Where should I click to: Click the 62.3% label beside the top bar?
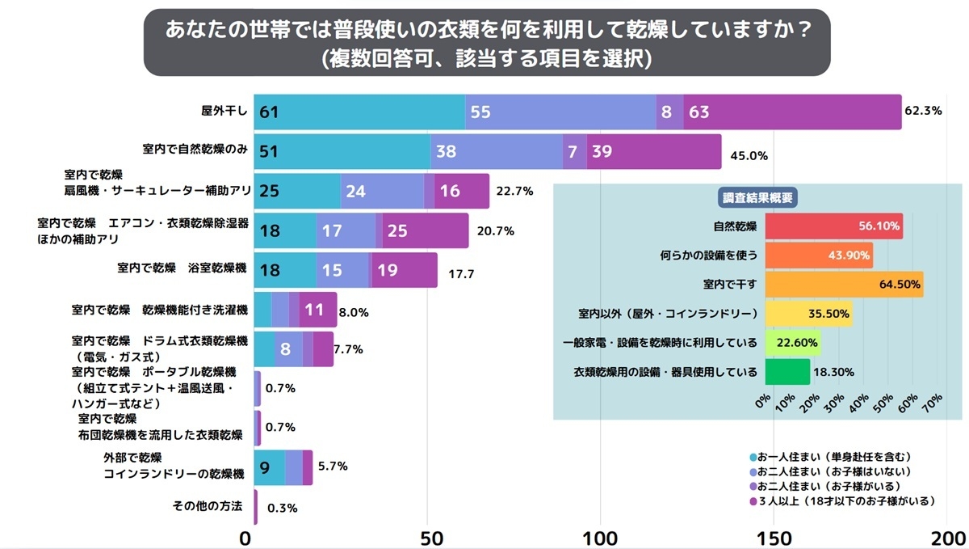(924, 112)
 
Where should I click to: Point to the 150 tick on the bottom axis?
(775, 538)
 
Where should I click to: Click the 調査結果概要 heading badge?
(757, 197)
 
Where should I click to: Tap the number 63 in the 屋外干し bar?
(699, 112)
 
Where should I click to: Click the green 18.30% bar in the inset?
(787, 372)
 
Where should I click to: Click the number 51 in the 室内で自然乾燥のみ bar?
(270, 151)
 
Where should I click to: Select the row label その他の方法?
(208, 506)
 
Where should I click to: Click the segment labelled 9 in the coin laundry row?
(265, 467)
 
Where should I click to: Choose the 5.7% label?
(332, 467)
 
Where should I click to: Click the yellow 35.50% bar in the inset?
(807, 314)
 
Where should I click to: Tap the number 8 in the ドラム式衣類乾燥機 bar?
(285, 349)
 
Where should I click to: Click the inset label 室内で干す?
(730, 285)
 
